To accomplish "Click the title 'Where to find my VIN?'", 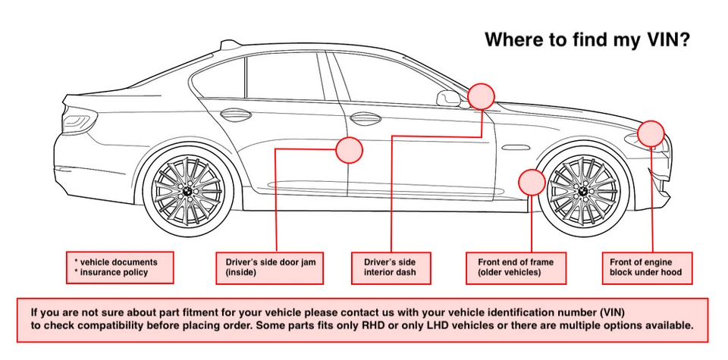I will [x=586, y=39].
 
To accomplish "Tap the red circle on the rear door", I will [x=349, y=150].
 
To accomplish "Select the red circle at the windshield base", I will [x=481, y=96].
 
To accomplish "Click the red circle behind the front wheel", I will [x=532, y=183].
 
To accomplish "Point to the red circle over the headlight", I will [x=651, y=133].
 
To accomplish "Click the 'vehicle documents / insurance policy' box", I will [x=120, y=268].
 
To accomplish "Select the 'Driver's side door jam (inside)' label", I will [x=270, y=268].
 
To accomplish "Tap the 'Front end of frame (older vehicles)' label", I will [x=516, y=268].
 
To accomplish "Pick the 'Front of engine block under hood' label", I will [x=646, y=268].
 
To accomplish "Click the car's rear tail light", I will [x=76, y=121].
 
